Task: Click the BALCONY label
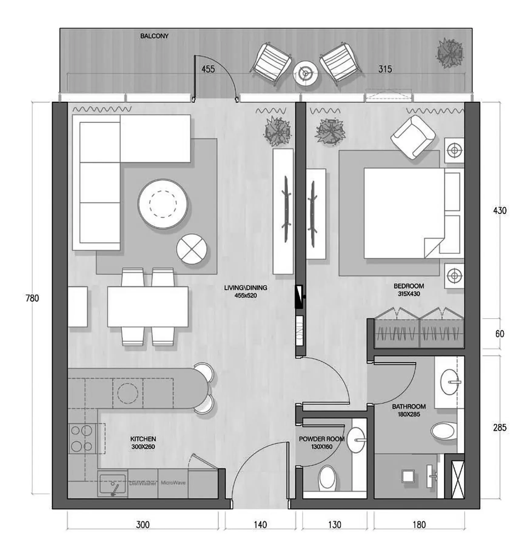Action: pyautogui.click(x=154, y=36)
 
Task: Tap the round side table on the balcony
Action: pyautogui.click(x=305, y=73)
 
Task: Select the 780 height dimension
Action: pyautogui.click(x=32, y=298)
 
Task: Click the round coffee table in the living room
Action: pyautogui.click(x=163, y=204)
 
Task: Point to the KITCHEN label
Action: pyautogui.click(x=143, y=439)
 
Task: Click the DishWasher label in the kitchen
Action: pyautogui.click(x=143, y=483)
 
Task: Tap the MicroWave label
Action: pyautogui.click(x=173, y=483)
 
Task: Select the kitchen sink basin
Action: pyautogui.click(x=112, y=484)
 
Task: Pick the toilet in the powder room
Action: pyautogui.click(x=327, y=478)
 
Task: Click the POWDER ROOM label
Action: pyautogui.click(x=322, y=439)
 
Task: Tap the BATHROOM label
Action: pyautogui.click(x=409, y=406)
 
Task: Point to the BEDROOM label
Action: pyautogui.click(x=409, y=286)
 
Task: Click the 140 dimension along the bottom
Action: pyautogui.click(x=260, y=524)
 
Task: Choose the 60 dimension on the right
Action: pyautogui.click(x=500, y=334)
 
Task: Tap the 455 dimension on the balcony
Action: pyautogui.click(x=208, y=69)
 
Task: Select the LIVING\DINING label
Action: pyautogui.click(x=246, y=288)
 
